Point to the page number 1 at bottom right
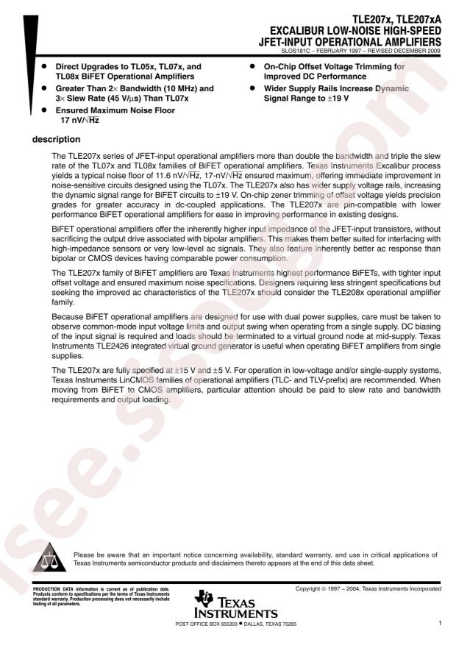click(439, 624)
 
